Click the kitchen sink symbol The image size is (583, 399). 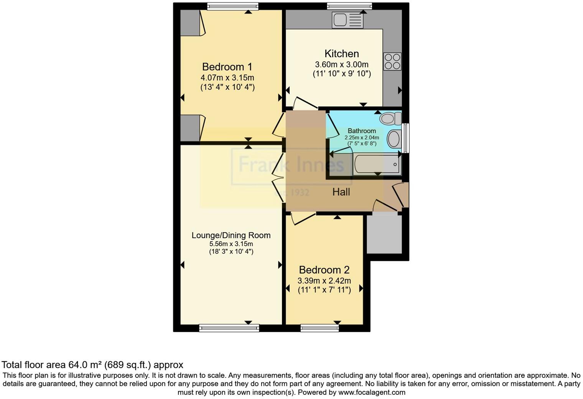pos(347,20)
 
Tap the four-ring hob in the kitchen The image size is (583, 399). pos(392,61)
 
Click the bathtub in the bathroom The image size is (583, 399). pos(377,164)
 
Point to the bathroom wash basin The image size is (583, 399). pos(394,139)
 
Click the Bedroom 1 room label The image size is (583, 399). pos(227,67)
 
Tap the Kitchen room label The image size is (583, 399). pos(341,54)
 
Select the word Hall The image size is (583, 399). pos(341,192)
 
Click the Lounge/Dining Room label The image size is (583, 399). pos(231,236)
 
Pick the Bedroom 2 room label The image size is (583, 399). pos(324,270)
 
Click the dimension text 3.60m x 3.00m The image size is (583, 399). pos(341,64)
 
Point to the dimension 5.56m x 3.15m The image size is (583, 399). pos(231,244)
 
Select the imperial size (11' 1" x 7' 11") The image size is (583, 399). pos(324,290)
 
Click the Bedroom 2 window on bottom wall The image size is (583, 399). pos(320,328)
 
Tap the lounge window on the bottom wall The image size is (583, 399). pos(229,328)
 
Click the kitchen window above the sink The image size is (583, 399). pos(349,6)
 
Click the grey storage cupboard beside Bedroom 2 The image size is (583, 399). pos(384,234)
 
